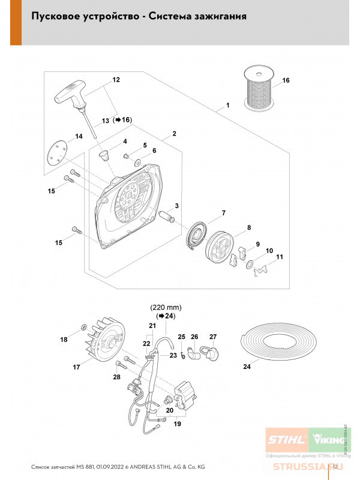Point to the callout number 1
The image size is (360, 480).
pyautogui.click(x=228, y=106)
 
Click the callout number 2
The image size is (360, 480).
pyautogui.click(x=173, y=133)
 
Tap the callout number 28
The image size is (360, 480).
pyautogui.click(x=117, y=377)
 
